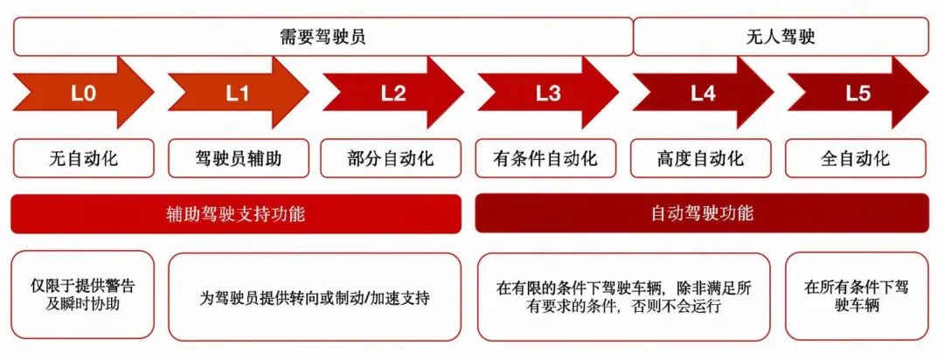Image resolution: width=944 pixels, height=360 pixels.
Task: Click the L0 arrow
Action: pos(83,93)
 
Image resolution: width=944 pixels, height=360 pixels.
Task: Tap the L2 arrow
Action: pos(392,93)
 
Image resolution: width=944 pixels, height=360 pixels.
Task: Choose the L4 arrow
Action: pos(703,93)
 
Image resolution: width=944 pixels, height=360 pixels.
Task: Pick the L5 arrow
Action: pos(857,93)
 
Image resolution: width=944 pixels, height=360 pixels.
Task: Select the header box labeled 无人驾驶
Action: pos(781,37)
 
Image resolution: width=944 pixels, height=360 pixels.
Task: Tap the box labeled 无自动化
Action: pos(83,159)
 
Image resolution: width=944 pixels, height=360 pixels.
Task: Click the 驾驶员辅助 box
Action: pos(238,159)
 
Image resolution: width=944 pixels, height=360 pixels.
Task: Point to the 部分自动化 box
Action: pos(392,159)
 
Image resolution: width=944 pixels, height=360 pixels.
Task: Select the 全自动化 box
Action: pos(857,159)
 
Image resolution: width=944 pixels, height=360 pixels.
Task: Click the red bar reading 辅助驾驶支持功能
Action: pos(236,213)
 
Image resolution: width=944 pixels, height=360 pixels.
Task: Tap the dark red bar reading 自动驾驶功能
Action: pos(702,213)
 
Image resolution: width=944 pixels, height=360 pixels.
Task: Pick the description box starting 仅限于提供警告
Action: pos(83,296)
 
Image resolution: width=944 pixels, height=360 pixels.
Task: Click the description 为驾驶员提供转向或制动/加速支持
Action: pos(315,296)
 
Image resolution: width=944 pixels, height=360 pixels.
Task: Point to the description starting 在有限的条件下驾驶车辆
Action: pos(623,296)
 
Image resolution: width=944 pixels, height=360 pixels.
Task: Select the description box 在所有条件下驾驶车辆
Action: pos(857,296)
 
